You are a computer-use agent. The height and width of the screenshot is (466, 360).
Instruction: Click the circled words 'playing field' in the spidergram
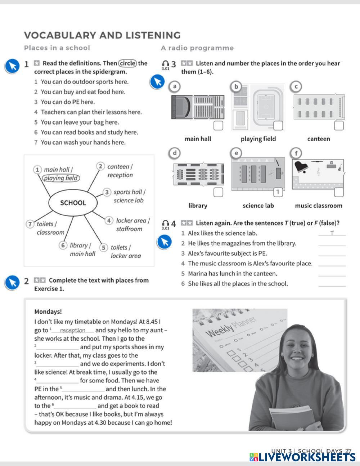click(x=61, y=178)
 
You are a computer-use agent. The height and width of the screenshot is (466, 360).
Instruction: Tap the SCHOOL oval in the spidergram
click(x=73, y=203)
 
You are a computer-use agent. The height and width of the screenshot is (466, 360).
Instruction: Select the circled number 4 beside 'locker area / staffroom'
click(x=109, y=220)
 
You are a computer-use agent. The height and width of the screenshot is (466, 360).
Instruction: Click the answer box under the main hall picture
click(x=218, y=126)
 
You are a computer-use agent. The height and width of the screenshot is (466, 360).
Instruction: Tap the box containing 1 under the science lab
click(x=278, y=192)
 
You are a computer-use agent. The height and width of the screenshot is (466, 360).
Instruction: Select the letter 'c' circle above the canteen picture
click(x=296, y=86)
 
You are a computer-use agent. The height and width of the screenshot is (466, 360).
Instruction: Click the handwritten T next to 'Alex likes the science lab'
click(x=332, y=233)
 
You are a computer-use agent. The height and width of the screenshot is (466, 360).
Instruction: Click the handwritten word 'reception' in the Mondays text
click(x=73, y=330)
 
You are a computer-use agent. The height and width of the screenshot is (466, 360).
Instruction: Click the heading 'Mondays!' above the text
click(x=48, y=312)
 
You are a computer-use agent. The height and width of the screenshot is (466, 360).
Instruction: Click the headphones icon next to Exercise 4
click(x=165, y=223)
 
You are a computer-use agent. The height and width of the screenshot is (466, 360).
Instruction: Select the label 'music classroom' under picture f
click(x=318, y=206)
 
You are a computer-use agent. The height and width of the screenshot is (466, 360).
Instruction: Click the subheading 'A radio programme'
click(x=197, y=48)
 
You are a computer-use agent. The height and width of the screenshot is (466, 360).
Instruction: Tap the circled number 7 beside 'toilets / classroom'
click(x=31, y=224)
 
